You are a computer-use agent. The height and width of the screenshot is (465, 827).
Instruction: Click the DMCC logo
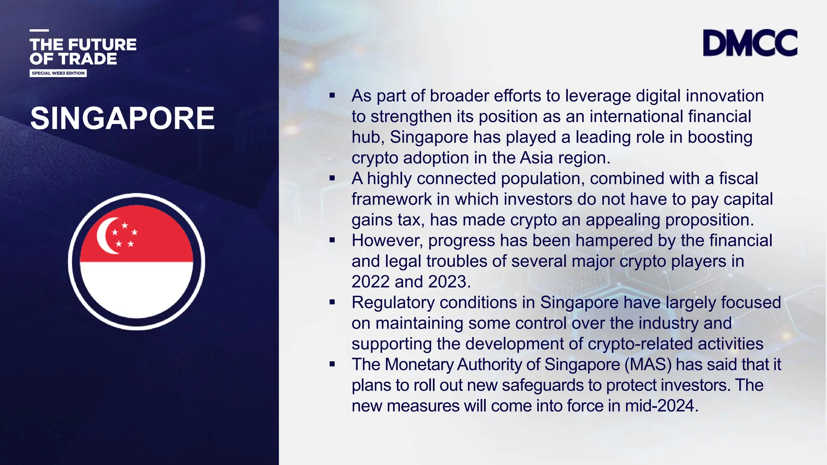[x=750, y=43]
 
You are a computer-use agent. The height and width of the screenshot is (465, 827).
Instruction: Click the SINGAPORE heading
[x=122, y=118]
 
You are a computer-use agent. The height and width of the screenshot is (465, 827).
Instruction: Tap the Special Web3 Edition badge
[x=58, y=73]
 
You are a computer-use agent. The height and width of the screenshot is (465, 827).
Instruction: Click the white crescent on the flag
[x=106, y=236]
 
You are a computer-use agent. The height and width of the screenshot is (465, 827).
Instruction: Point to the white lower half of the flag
[x=136, y=289]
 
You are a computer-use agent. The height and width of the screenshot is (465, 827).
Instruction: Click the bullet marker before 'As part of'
[x=332, y=96]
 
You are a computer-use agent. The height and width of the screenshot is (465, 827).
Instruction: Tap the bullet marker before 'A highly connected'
[x=332, y=178]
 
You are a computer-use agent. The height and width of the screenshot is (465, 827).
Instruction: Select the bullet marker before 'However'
[x=332, y=240]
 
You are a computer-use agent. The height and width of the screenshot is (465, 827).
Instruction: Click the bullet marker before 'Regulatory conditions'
[x=332, y=302]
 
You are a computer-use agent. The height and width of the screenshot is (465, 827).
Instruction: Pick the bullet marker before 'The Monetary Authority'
[x=332, y=364]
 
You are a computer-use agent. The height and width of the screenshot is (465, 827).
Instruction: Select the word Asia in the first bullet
[x=536, y=158]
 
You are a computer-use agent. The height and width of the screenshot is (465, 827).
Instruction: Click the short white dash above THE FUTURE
[x=39, y=30]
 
